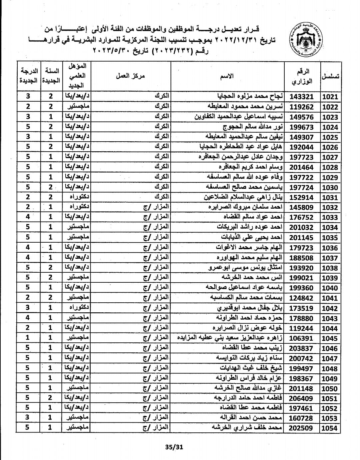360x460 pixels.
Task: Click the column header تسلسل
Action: (330, 76)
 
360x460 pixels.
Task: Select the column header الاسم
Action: (227, 76)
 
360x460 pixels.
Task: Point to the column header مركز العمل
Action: (130, 76)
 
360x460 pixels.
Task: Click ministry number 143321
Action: (301, 97)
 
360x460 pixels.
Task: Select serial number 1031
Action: (330, 197)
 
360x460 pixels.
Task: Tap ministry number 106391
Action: (301, 338)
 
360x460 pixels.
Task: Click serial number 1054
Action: (330, 428)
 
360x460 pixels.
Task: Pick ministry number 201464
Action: (301, 167)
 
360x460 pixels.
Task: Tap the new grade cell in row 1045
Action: (28, 338)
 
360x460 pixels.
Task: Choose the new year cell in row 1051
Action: (50, 398)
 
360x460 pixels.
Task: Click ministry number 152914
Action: (301, 197)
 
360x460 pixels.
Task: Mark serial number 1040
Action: (330, 288)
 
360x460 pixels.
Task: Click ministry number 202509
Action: (301, 428)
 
